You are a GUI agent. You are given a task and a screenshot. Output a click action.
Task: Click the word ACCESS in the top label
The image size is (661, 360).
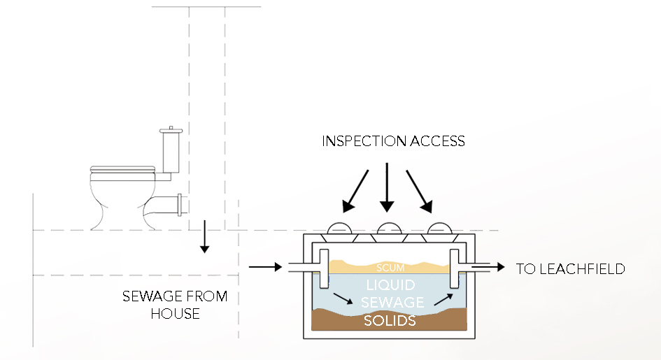439,141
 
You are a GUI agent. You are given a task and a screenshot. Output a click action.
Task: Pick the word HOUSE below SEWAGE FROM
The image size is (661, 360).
175,314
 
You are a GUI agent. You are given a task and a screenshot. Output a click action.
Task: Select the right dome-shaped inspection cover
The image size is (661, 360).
439,229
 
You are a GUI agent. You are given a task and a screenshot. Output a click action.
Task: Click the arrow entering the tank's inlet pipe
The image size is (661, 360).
264,266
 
